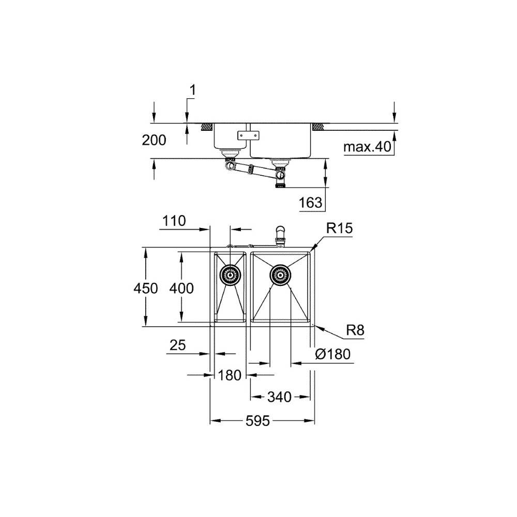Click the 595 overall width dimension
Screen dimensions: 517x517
tap(257, 421)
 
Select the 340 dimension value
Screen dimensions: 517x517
tap(279, 397)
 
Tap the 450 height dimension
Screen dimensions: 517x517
tap(145, 288)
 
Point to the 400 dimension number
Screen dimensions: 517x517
tap(181, 288)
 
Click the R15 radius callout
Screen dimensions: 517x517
tap(340, 228)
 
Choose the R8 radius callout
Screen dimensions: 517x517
tap(356, 330)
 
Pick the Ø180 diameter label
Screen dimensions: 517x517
tap(332, 355)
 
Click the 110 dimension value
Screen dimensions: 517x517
tap(174, 221)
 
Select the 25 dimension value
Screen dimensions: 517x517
tap(178, 345)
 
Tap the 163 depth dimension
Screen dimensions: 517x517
tap(310, 203)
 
